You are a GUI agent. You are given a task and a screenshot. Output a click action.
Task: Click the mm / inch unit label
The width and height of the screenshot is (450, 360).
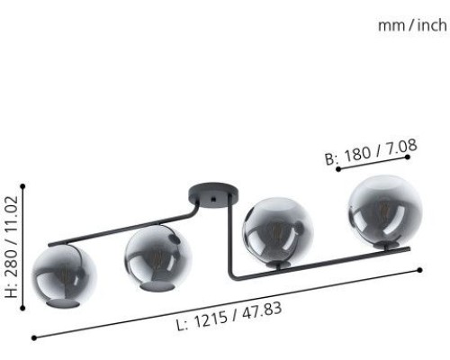pyautogui.click(x=412, y=25)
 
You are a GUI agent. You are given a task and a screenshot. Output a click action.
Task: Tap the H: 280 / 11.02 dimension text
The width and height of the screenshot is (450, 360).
pyautogui.click(x=12, y=247)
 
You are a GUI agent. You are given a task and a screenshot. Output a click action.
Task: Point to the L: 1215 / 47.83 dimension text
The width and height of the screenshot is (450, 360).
pyautogui.click(x=229, y=316)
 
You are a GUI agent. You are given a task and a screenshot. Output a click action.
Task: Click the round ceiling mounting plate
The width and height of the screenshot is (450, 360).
pyautogui.click(x=212, y=195)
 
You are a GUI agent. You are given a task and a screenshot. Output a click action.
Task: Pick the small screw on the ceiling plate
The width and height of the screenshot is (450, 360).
pyautogui.click(x=213, y=199)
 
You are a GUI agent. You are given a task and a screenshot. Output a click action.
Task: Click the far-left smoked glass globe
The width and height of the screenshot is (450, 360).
pyautogui.click(x=64, y=275)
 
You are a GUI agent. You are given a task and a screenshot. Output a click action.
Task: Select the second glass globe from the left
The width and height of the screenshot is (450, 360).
pyautogui.click(x=158, y=258)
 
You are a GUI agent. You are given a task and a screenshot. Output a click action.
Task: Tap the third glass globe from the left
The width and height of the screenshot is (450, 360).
pyautogui.click(x=278, y=232)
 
